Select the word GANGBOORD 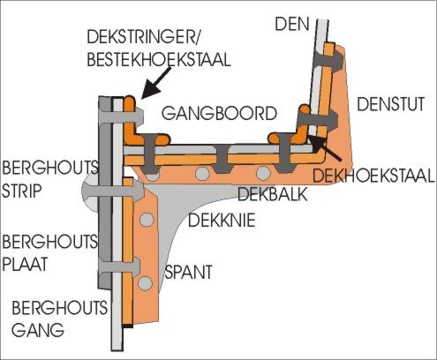click(x=219, y=113)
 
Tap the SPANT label click(x=188, y=273)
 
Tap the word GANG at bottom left click(x=25, y=330)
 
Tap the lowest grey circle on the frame click(x=143, y=284)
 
